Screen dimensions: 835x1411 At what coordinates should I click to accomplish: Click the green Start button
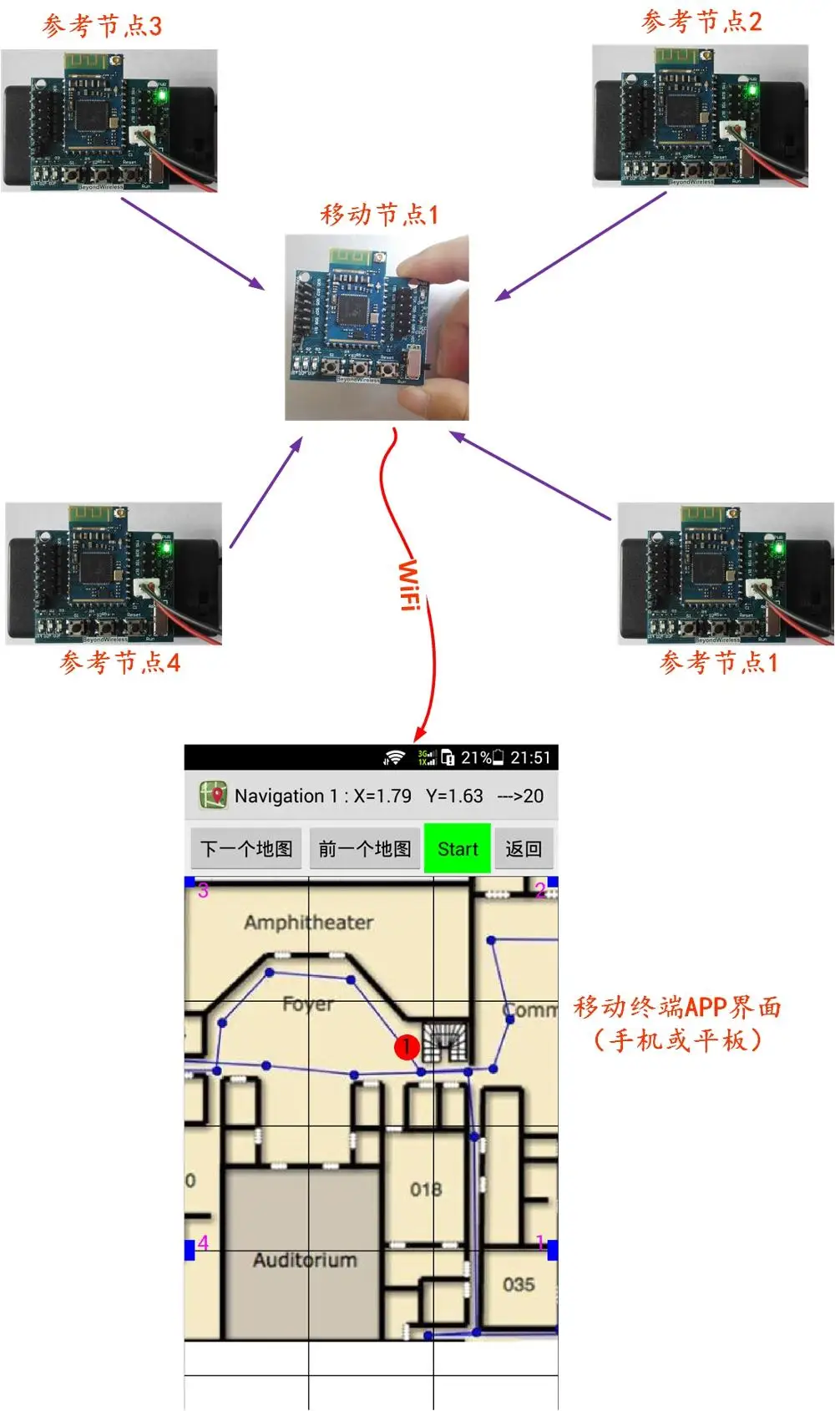(457, 848)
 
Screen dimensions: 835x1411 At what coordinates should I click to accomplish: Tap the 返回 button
(524, 848)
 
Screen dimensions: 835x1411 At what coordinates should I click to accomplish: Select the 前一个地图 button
(365, 848)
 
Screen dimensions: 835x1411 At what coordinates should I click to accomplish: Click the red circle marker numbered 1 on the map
(407, 1046)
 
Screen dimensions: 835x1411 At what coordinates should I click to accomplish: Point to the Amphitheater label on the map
(308, 922)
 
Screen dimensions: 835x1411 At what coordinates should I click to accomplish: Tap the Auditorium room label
(305, 1259)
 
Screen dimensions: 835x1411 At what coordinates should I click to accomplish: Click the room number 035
(519, 1284)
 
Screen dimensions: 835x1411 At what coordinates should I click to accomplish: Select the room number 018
(426, 1189)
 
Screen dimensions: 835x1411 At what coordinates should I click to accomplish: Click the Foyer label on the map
(307, 1004)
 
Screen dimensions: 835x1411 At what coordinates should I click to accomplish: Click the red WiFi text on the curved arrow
(408, 585)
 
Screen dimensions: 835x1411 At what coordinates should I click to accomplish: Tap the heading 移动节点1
(379, 215)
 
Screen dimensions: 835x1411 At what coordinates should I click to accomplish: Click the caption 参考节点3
(102, 26)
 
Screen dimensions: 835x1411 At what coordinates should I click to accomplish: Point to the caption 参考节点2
(701, 22)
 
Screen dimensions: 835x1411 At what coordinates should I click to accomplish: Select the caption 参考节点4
(119, 662)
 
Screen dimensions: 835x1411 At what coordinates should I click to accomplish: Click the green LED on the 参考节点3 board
(161, 95)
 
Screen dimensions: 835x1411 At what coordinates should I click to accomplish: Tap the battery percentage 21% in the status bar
(476, 757)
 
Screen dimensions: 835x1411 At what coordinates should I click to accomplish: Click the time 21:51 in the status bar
(531, 757)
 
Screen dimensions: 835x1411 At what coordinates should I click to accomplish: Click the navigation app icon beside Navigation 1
(213, 795)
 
